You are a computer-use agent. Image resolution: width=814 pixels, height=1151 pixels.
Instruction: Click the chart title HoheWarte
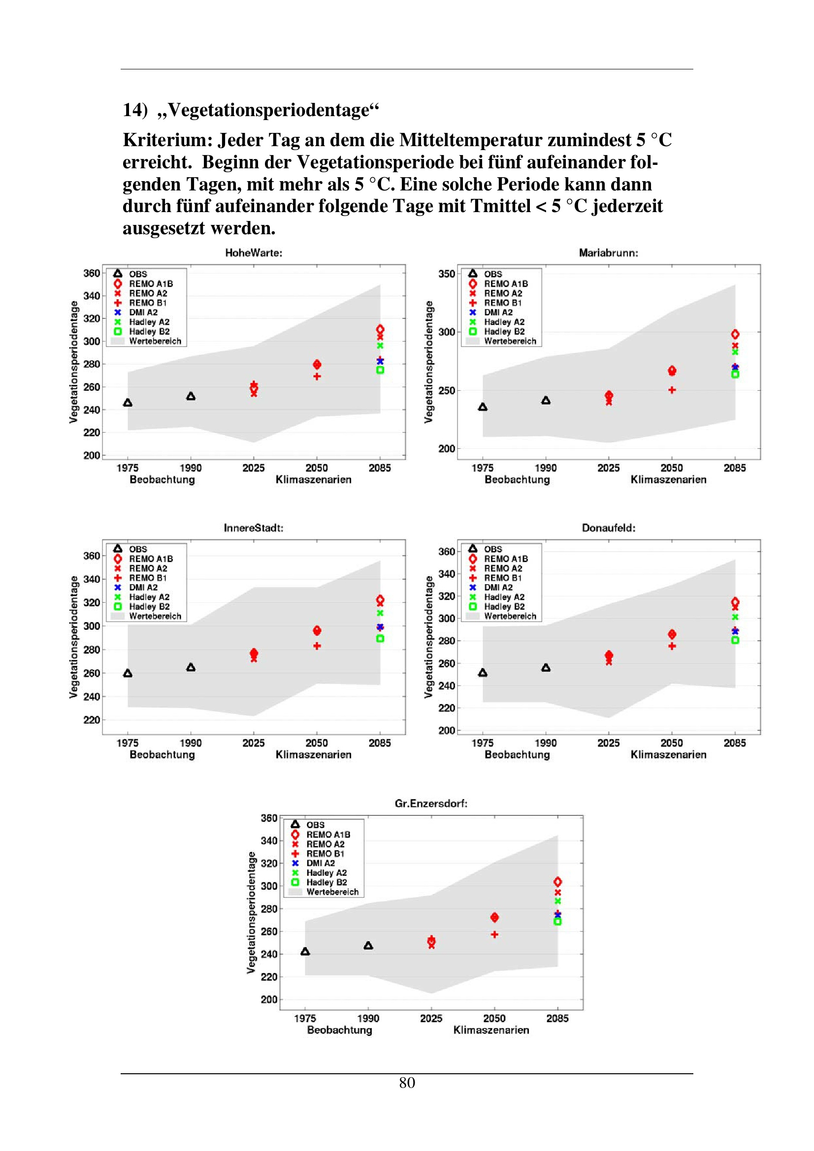(x=253, y=253)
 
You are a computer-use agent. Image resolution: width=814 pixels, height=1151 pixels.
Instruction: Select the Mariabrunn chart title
(x=608, y=253)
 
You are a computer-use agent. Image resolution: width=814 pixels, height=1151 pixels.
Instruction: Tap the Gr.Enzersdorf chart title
(x=431, y=804)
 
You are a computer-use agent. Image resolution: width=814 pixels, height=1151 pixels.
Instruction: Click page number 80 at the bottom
(x=407, y=1083)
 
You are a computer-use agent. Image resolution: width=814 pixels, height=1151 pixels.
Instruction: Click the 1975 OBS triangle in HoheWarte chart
(x=128, y=403)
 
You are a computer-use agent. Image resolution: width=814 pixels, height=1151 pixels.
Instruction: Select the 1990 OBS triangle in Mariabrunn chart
(x=546, y=400)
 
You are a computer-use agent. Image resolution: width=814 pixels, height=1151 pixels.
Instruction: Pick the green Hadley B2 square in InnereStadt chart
(x=380, y=639)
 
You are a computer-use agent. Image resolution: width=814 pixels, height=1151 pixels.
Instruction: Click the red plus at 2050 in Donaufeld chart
(x=672, y=646)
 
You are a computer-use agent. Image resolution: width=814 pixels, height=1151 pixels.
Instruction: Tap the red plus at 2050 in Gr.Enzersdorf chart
(x=494, y=934)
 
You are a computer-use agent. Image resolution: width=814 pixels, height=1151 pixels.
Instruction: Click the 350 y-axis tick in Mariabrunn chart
(x=446, y=274)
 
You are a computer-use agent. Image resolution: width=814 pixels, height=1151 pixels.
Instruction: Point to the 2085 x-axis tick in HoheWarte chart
(x=380, y=467)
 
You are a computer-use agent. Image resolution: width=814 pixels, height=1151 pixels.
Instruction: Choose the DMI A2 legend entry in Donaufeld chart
(x=498, y=588)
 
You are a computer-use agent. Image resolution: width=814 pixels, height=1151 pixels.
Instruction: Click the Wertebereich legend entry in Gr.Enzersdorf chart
(x=332, y=892)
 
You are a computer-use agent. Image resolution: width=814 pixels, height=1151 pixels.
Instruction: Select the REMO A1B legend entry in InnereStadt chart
(x=151, y=559)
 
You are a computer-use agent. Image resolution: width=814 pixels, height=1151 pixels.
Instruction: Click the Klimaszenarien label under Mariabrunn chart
(x=668, y=480)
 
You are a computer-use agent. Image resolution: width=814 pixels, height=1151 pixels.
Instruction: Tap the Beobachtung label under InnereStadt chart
(x=162, y=755)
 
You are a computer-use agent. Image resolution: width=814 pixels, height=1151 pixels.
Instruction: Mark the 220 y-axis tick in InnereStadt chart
(x=91, y=720)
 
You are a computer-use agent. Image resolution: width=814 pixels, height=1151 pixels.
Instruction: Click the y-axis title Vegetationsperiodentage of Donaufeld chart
(x=428, y=637)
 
